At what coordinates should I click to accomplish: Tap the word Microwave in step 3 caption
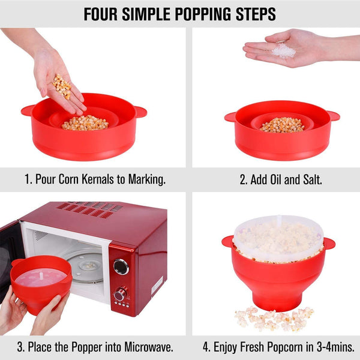148,346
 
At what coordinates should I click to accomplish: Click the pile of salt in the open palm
283,50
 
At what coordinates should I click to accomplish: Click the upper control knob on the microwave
121,266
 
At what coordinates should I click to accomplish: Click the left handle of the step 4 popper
227,241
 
